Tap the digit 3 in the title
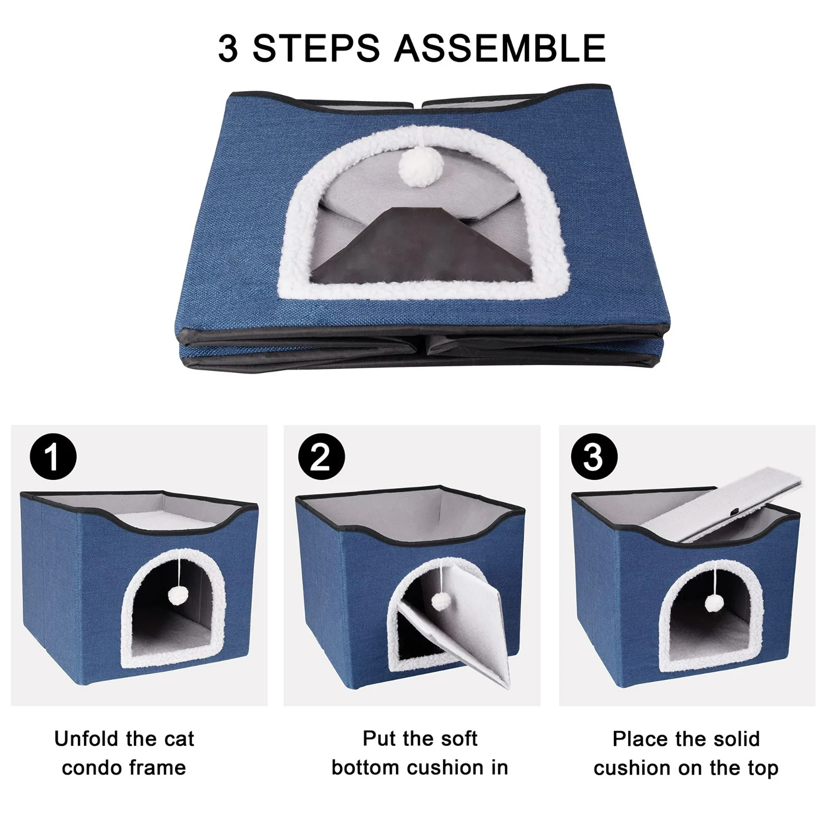click(228, 48)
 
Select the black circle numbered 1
click(53, 457)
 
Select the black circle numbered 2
click(321, 457)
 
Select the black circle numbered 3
click(594, 457)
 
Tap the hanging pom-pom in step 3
click(713, 603)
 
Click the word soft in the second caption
click(458, 739)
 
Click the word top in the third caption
click(763, 768)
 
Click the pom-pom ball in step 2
click(439, 601)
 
